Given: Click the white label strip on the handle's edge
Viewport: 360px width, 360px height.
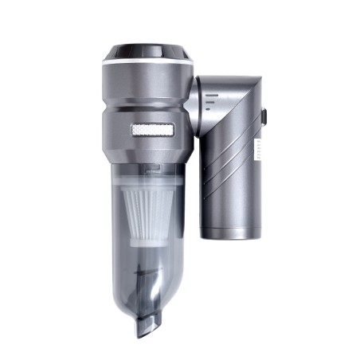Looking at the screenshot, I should pos(257,152).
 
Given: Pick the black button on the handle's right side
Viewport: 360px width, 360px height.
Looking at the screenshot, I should pos(263,117).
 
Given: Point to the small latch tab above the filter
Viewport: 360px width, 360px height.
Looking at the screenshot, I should pos(151,170).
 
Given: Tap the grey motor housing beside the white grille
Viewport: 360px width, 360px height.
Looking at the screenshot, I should pos(115,131).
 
